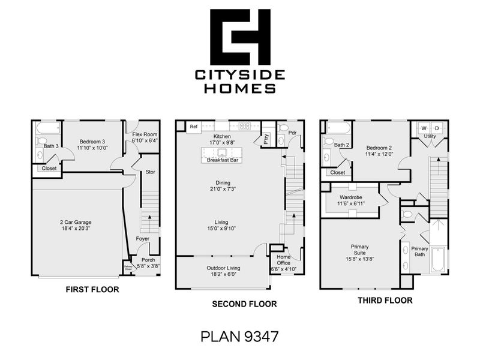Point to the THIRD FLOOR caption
point(385,300)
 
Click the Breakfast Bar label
point(223,161)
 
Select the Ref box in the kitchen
point(194,127)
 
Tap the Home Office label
point(284,263)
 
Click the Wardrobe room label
point(350,197)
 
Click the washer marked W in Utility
point(424,128)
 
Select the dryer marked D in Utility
point(437,128)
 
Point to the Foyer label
point(142,239)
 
